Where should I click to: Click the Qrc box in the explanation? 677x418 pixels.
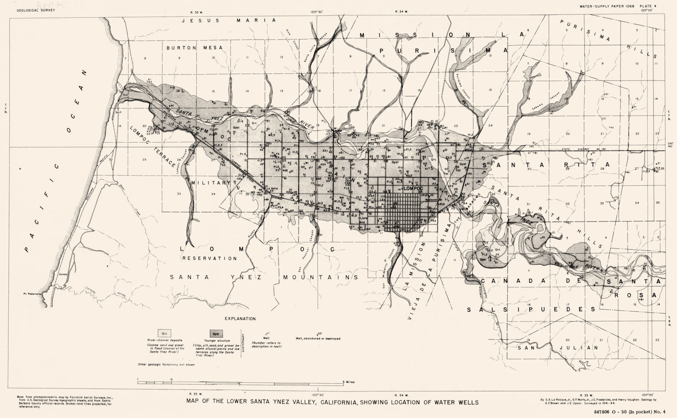pyautogui.click(x=164, y=333)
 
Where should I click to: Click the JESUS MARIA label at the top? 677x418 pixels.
pyautogui.click(x=228, y=20)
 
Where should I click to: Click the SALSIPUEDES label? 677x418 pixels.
pyautogui.click(x=531, y=309)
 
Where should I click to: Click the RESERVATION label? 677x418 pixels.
pyautogui.click(x=209, y=258)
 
